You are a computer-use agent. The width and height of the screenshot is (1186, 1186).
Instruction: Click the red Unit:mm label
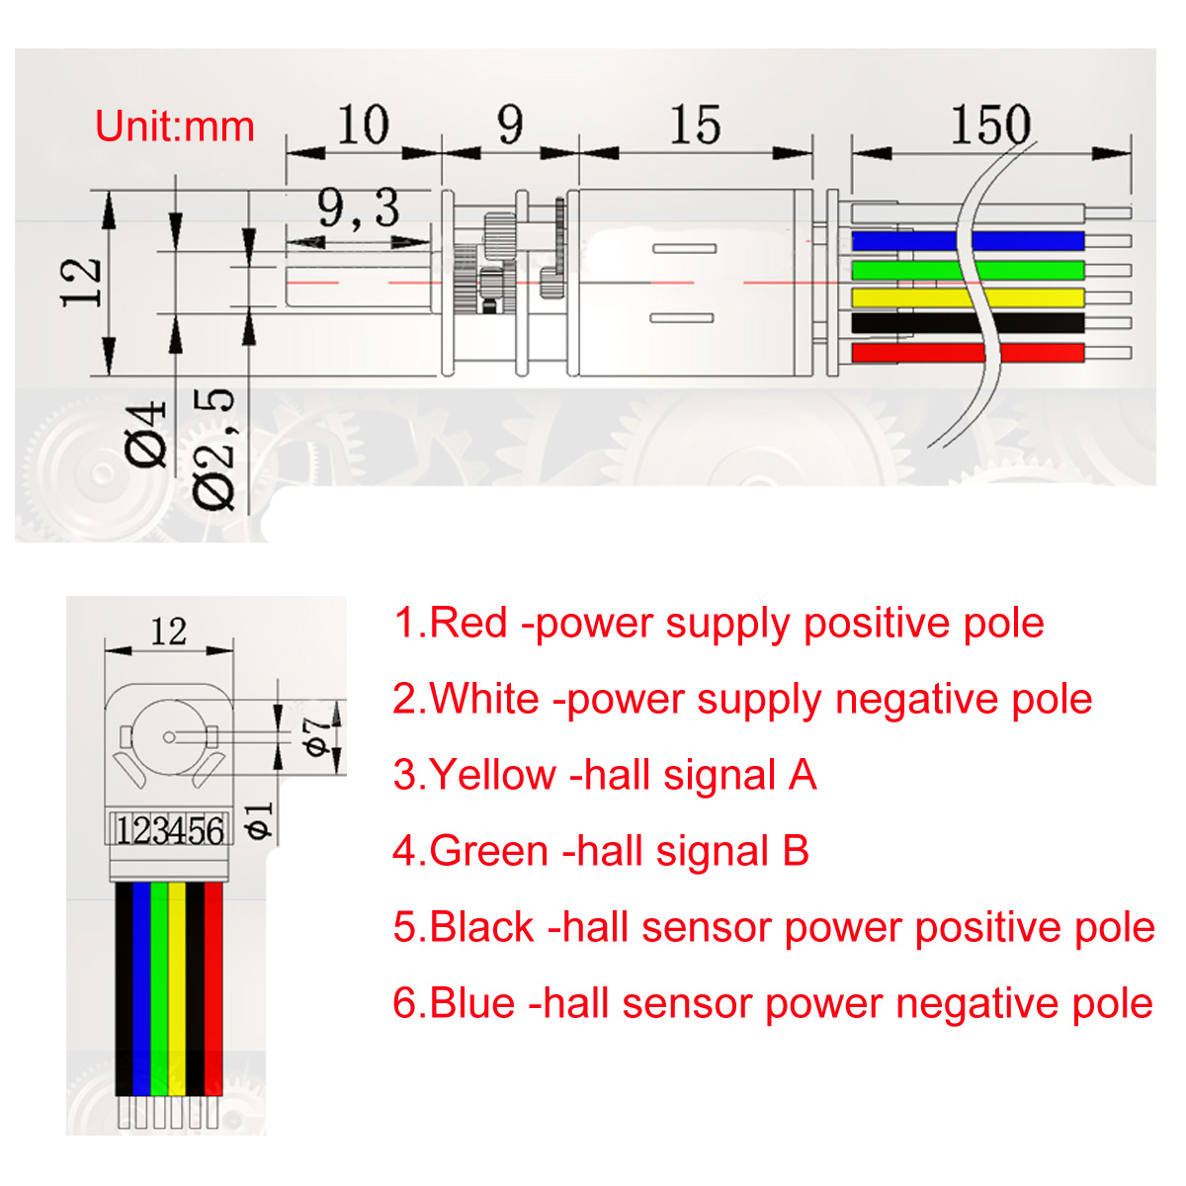(175, 127)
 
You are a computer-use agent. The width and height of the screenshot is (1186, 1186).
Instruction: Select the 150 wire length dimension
(991, 125)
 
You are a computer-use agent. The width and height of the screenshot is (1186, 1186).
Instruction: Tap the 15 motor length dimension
(696, 125)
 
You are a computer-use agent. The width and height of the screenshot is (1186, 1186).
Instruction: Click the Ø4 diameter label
(146, 435)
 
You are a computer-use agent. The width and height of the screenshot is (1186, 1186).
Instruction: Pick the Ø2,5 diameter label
(213, 450)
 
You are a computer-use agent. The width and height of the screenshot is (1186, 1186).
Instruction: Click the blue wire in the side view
(968, 240)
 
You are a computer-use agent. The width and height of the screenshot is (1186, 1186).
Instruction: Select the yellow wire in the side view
(968, 297)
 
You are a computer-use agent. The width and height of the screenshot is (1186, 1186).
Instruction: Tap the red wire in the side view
(968, 353)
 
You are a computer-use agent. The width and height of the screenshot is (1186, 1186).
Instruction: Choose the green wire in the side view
(968, 270)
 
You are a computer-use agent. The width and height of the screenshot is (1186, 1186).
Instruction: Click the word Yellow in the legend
(493, 774)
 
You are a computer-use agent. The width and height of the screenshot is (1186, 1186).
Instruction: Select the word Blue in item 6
(472, 1003)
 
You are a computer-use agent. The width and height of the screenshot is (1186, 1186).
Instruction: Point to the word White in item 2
(484, 699)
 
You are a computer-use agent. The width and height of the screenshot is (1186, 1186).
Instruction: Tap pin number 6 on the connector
(214, 831)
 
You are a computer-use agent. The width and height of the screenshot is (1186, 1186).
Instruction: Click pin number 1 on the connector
(124, 831)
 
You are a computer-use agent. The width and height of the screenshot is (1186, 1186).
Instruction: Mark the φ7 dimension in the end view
(316, 736)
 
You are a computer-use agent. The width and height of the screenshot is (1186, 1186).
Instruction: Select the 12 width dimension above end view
(169, 632)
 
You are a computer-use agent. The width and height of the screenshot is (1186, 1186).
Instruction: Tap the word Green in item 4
(488, 851)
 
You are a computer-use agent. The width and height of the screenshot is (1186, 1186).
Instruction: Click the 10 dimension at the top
(363, 125)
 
